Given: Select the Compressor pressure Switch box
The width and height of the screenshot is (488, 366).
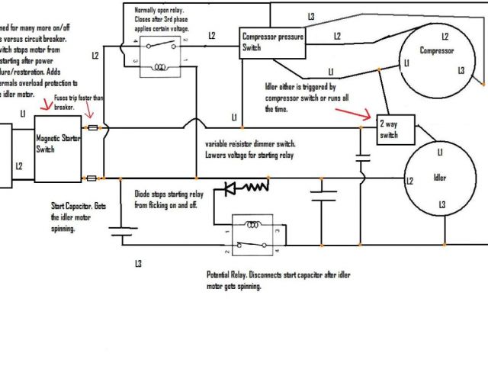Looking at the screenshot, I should pyautogui.click(x=272, y=42).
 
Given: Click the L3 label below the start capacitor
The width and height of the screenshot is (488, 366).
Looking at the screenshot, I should pyautogui.click(x=137, y=264).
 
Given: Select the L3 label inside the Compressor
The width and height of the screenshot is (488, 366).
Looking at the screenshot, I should pyautogui.click(x=460, y=70).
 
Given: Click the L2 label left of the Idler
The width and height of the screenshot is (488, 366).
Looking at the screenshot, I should pyautogui.click(x=409, y=181).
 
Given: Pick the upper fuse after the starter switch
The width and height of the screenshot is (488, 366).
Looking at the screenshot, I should pyautogui.click(x=93, y=128).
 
